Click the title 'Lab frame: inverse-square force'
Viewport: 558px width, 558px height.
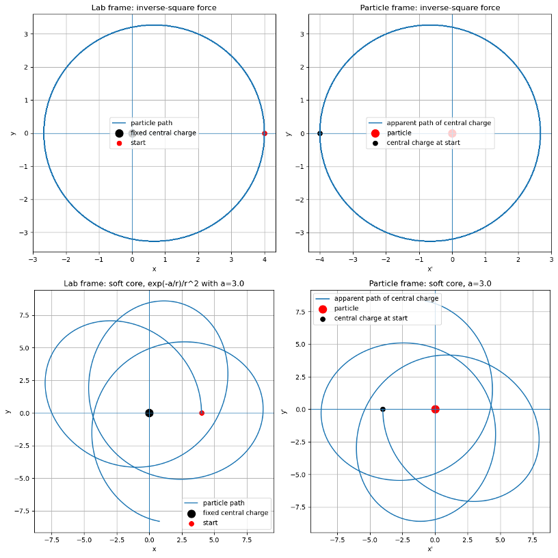154,8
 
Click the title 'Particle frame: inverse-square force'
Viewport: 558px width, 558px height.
430,8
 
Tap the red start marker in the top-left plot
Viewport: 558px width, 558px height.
265,133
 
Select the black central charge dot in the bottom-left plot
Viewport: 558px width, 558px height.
149,413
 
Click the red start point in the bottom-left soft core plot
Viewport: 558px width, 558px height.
202,413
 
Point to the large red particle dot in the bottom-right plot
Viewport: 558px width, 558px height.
435,410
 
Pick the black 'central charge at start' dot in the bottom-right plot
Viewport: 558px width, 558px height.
383,410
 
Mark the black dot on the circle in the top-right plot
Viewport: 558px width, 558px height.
320,133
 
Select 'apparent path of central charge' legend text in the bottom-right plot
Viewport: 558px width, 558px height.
386,299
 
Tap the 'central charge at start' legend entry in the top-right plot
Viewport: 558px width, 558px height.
423,143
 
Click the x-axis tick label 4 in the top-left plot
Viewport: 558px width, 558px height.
265,260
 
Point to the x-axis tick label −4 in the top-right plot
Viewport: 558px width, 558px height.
319,260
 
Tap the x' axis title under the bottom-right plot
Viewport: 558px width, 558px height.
430,548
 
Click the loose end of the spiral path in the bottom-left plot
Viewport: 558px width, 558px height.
159,522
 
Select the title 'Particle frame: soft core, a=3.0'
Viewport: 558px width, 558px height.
430,283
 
